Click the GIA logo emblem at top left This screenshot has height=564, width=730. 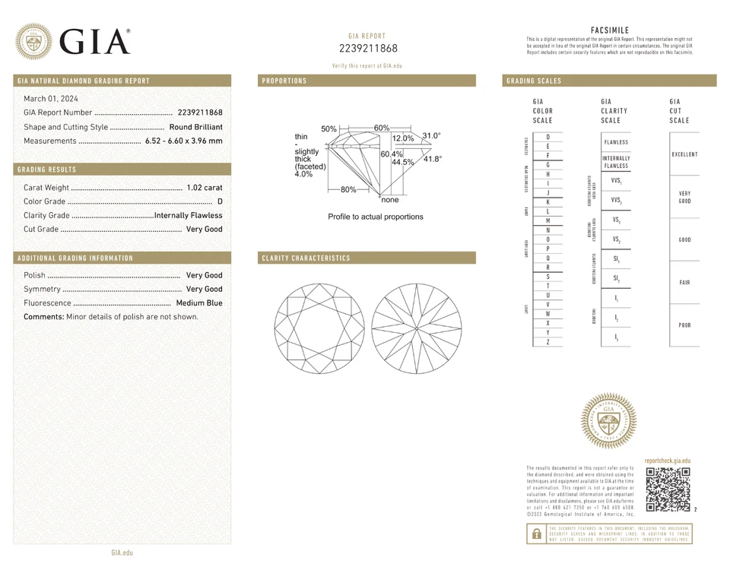(x=34, y=41)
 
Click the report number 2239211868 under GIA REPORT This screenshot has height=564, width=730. (x=368, y=49)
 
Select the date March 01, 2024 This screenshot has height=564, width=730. (x=51, y=99)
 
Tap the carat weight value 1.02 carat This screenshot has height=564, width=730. (x=204, y=188)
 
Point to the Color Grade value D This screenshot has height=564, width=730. (x=220, y=201)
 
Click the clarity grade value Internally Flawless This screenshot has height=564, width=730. (x=188, y=215)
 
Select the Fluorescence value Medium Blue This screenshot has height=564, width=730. (x=198, y=303)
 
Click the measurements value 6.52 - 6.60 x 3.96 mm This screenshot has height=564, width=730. (x=183, y=141)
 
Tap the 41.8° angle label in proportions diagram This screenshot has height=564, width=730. (x=432, y=159)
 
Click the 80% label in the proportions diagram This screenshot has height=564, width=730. (x=348, y=189)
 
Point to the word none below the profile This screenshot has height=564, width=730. (x=389, y=200)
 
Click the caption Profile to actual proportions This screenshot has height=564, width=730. (x=375, y=217)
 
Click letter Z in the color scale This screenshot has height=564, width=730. (x=547, y=343)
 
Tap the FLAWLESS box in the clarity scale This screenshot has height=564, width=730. (x=616, y=142)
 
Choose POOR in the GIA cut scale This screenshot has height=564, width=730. (x=684, y=325)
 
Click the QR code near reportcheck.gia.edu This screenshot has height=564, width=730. (x=668, y=490)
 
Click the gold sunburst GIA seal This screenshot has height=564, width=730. (x=608, y=421)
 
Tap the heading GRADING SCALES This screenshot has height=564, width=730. (x=534, y=81)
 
